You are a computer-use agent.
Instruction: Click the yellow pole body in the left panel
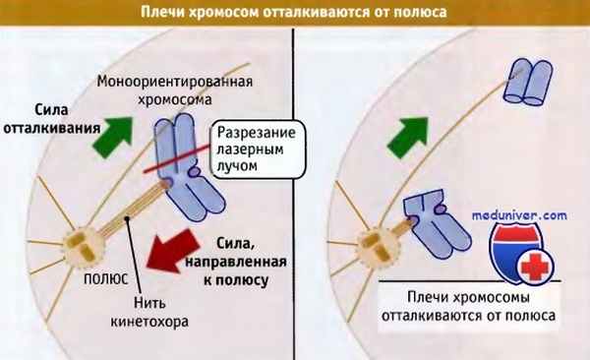82,243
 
